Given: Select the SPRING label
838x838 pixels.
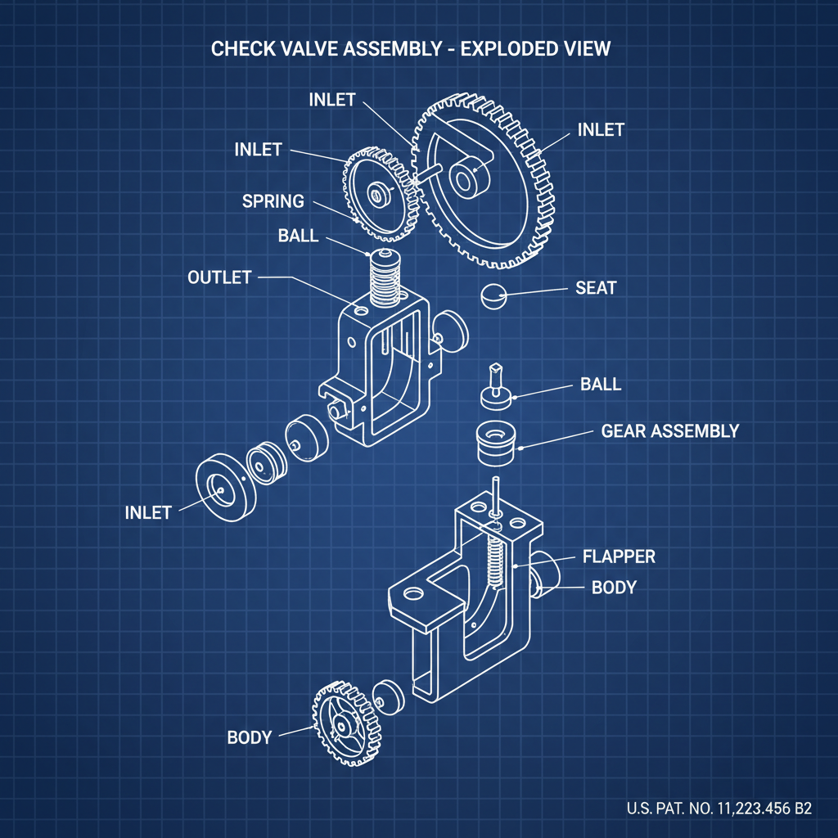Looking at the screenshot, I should (273, 200).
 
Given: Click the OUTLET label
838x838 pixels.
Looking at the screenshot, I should (219, 277).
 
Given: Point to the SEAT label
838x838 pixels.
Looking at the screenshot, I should (596, 288).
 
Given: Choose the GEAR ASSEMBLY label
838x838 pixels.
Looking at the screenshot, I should (669, 430).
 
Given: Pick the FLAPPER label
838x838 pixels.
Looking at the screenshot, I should (619, 556).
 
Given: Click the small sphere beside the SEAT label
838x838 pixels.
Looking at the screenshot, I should (493, 295).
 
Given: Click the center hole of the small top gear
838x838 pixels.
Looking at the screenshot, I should (378, 195).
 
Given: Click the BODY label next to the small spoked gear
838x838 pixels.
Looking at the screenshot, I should (249, 737).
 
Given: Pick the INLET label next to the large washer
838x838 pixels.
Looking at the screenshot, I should (148, 512).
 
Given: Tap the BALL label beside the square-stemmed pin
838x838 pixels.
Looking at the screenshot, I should (601, 384).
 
